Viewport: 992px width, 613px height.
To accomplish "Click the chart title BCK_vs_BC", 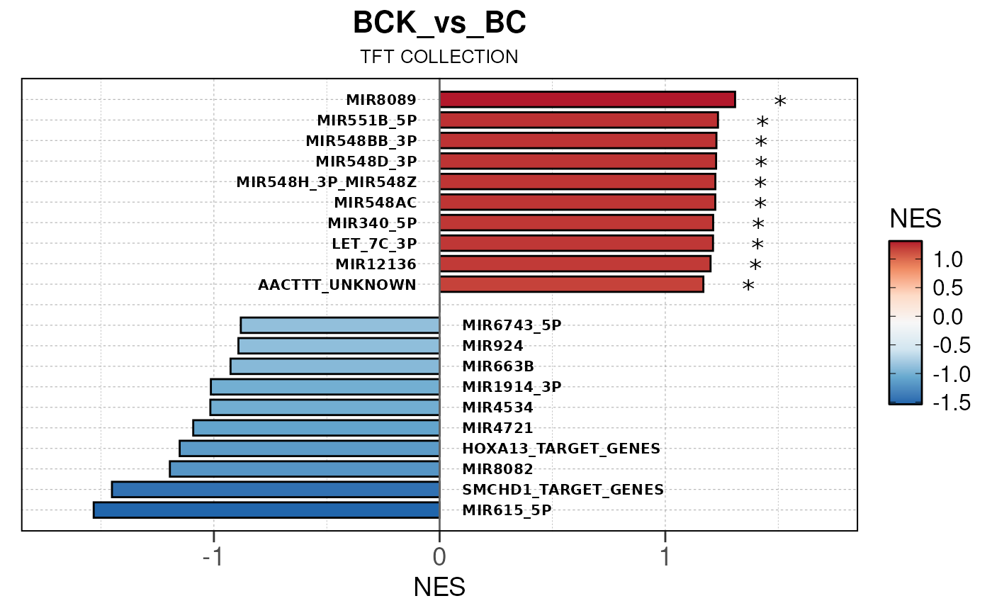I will point(439,23).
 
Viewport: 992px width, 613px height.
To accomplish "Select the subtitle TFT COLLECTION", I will point(439,57).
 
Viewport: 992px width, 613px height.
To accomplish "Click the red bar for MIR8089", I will point(587,99).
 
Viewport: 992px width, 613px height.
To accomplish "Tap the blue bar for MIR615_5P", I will point(266,510).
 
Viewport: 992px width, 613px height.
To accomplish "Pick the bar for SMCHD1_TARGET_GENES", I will point(276,489).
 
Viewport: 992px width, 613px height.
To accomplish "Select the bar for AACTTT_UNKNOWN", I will point(571,285).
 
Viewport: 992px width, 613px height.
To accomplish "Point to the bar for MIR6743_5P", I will point(340,325).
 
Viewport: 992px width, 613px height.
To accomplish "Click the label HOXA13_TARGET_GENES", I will point(560,449).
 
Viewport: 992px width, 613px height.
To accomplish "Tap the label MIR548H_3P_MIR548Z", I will point(327,182).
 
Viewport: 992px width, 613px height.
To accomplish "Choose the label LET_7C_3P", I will point(374,244).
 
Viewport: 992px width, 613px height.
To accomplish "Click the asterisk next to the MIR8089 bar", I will point(780,102).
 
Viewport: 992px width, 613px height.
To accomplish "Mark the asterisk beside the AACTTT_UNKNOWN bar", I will point(748,287).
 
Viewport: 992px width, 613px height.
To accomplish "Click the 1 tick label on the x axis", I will point(665,557).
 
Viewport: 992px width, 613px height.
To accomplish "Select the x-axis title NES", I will point(439,587).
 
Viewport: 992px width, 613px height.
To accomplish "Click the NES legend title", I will point(915,220).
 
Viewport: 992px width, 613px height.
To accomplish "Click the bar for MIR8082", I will point(305,469).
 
